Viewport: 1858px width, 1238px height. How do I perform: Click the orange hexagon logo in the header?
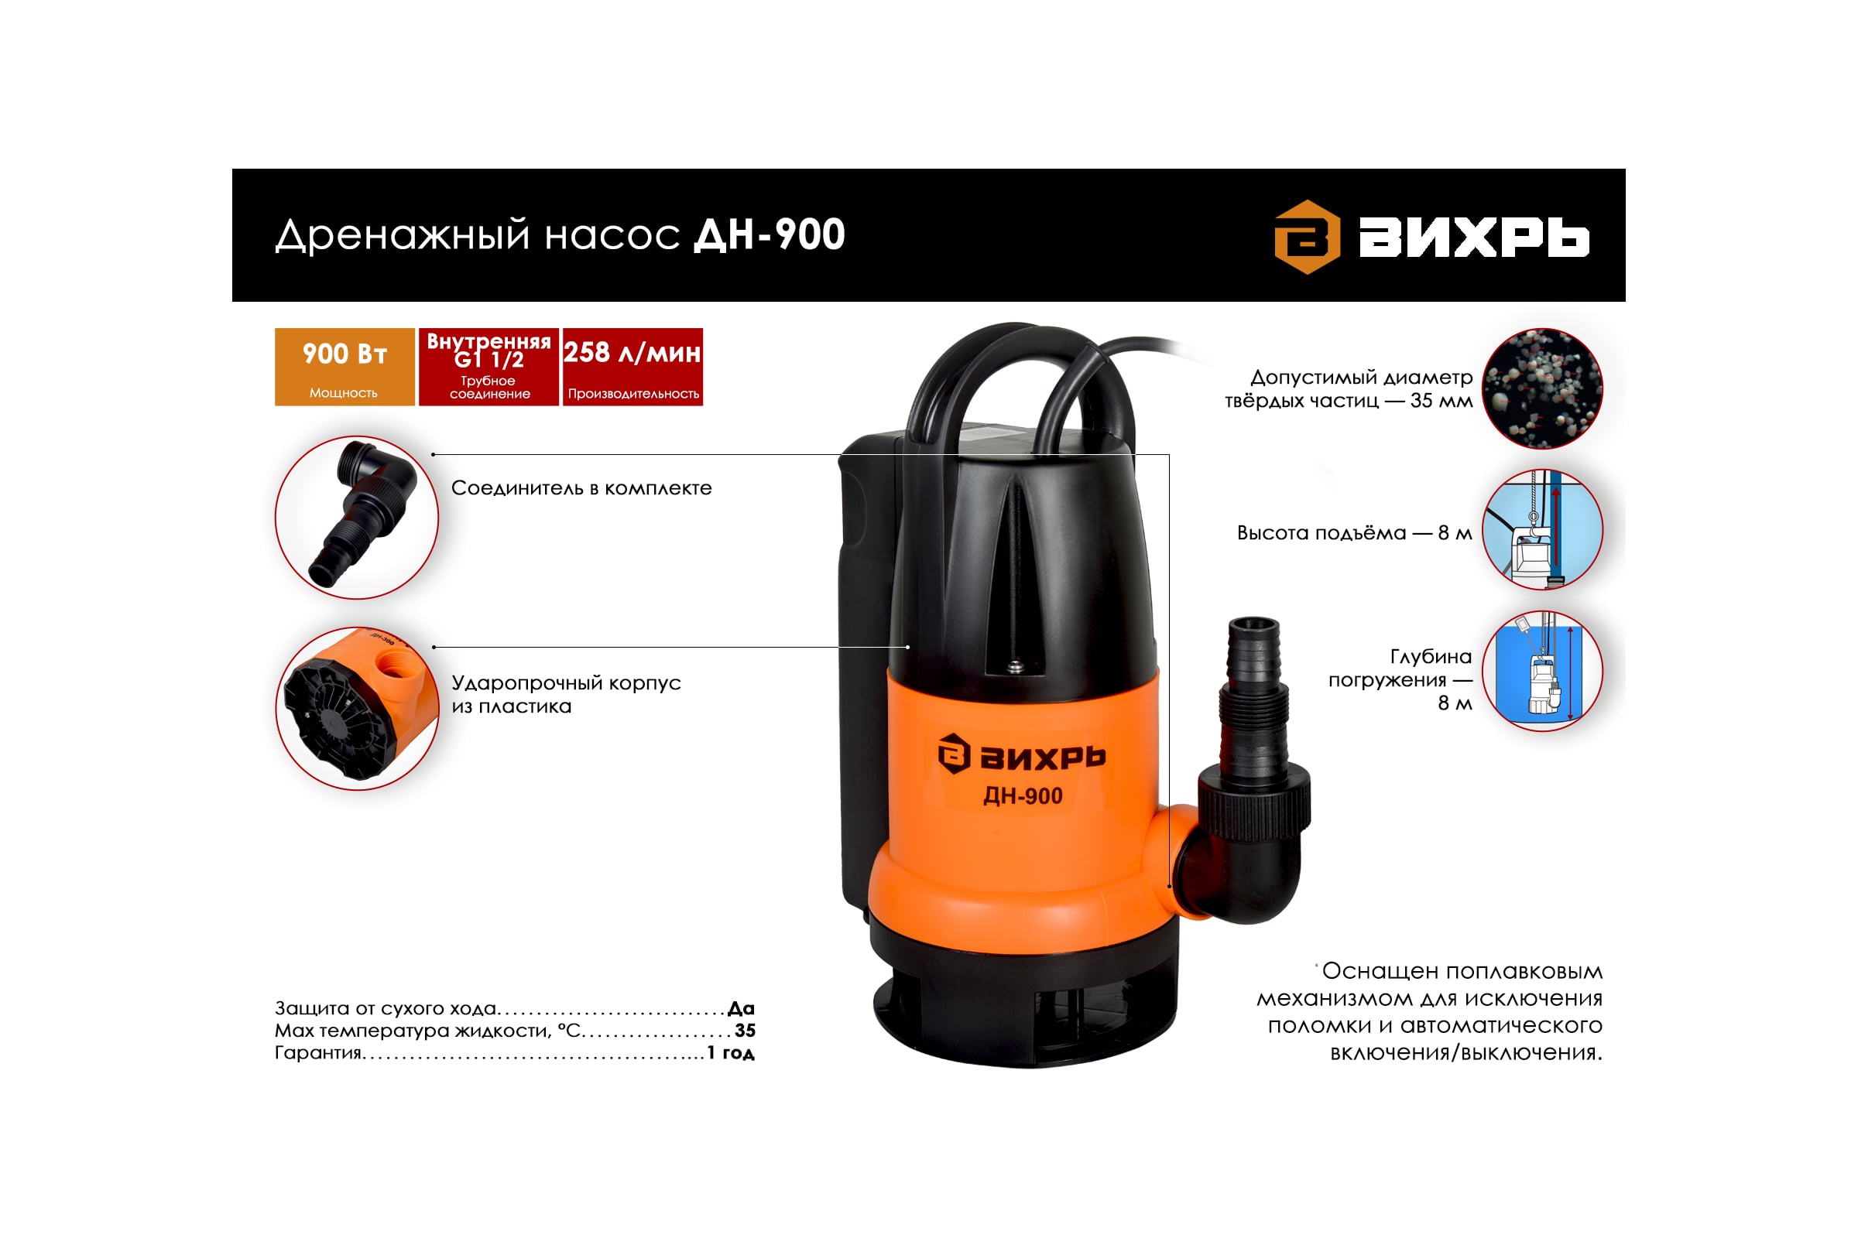pos(1308,237)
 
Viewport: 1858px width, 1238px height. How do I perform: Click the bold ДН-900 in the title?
pos(770,234)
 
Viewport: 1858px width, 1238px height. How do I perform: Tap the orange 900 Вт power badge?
pos(345,367)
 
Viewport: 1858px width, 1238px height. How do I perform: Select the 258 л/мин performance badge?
pos(632,367)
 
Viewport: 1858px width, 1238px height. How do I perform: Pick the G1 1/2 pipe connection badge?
pos(489,367)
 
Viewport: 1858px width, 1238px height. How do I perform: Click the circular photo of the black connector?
pos(357,517)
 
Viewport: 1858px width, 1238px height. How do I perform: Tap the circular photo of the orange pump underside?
pos(357,708)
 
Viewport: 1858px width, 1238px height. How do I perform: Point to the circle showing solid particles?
pos(1542,388)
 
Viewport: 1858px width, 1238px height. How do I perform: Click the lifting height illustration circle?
pos(1542,530)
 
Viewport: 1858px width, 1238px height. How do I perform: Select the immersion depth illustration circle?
pos(1542,671)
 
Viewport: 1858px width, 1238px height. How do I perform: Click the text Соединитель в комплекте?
pos(581,488)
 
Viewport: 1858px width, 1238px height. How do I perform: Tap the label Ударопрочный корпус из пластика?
pos(566,694)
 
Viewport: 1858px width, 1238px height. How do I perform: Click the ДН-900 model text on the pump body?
pos(1022,796)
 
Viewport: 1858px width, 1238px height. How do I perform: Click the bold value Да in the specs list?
pos(741,1008)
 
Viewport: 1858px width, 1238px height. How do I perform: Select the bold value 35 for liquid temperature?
pos(745,1031)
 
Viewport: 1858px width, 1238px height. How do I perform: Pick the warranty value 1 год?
pos(731,1052)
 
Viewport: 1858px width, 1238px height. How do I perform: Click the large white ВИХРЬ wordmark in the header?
pos(1474,238)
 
